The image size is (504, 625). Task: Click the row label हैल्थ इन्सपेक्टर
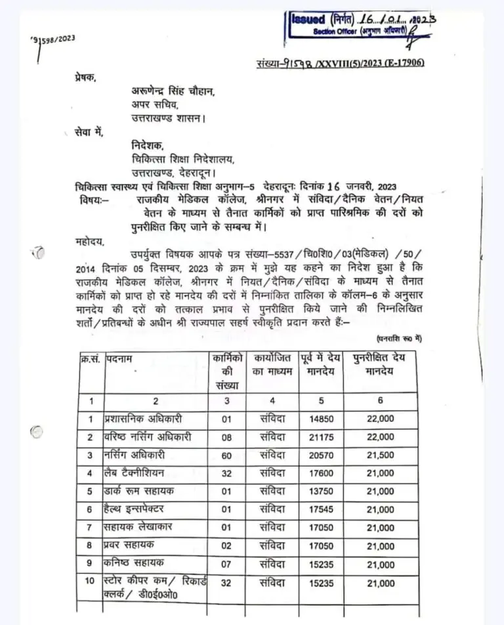tap(135, 509)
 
